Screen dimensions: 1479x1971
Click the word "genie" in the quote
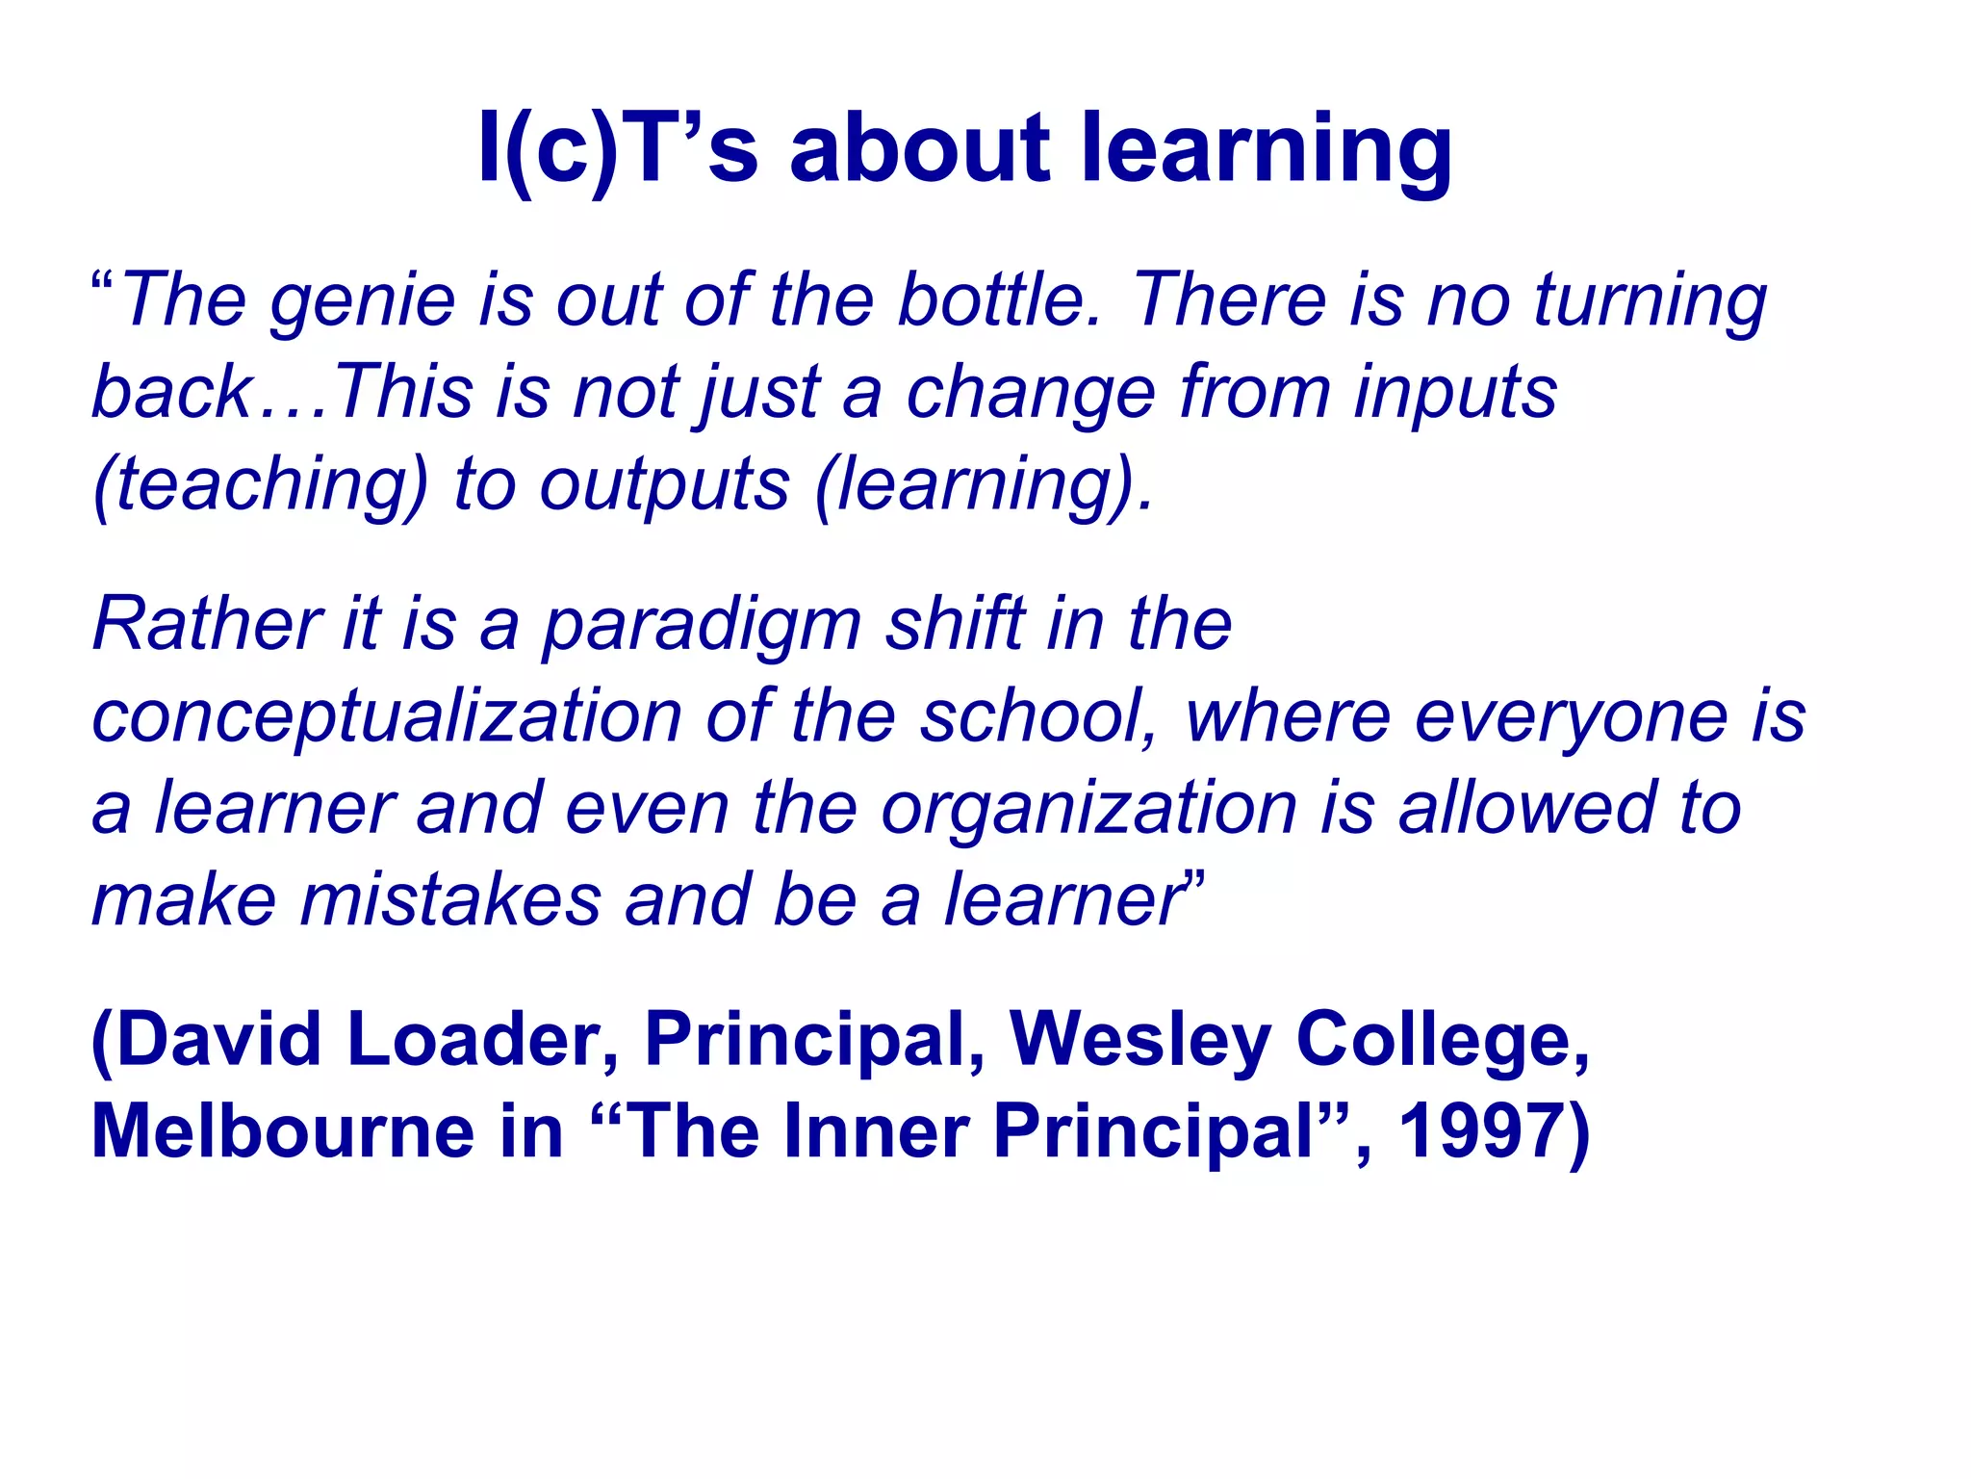click(362, 300)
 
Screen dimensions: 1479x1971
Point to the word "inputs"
click(1455, 393)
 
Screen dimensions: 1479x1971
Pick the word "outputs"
click(664, 484)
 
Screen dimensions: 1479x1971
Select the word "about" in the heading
click(919, 149)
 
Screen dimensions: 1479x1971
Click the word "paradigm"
click(702, 626)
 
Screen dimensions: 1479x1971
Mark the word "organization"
click(1089, 809)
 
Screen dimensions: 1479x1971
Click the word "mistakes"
click(450, 900)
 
